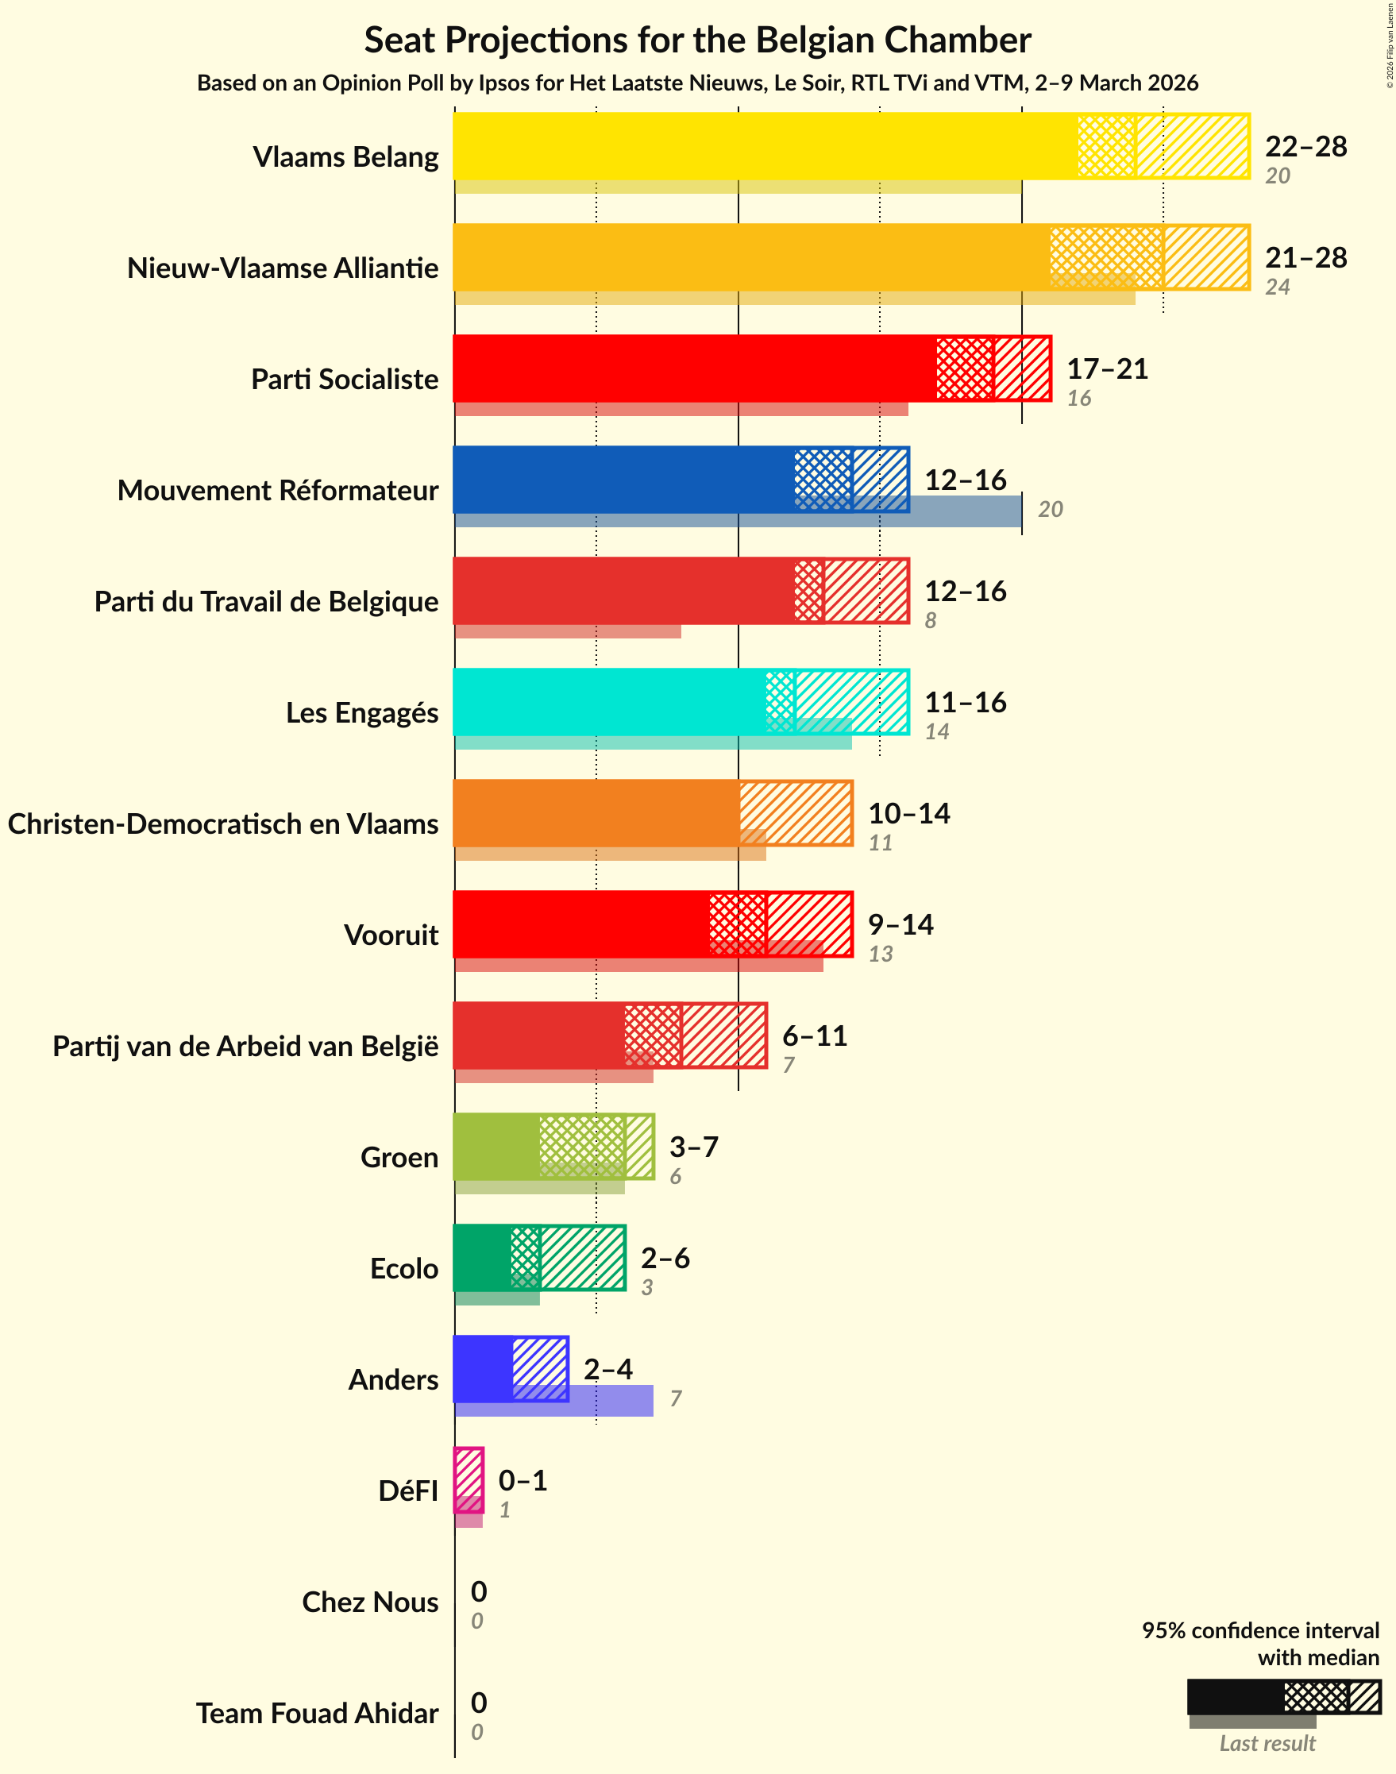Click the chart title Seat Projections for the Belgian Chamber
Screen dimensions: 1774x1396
[697, 39]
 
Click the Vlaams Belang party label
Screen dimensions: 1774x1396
[345, 156]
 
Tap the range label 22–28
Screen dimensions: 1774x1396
[1305, 146]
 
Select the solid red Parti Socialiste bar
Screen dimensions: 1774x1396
[694, 368]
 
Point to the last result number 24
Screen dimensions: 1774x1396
[1277, 287]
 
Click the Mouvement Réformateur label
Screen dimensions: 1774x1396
[277, 489]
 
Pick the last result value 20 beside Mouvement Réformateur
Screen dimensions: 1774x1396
[1050, 509]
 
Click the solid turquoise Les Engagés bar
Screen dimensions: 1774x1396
[609, 701]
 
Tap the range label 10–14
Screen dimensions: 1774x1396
[908, 813]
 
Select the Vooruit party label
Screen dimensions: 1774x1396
[391, 934]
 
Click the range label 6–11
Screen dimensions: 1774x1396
[814, 1035]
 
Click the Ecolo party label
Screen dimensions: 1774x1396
[403, 1267]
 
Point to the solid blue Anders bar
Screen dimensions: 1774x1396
[483, 1368]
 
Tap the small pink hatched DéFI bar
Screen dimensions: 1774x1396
[469, 1479]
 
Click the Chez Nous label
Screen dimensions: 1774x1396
[369, 1601]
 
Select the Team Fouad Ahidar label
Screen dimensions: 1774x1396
[316, 1712]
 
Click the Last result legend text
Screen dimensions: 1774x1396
[1266, 1743]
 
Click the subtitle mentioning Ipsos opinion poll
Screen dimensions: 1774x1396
[697, 83]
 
